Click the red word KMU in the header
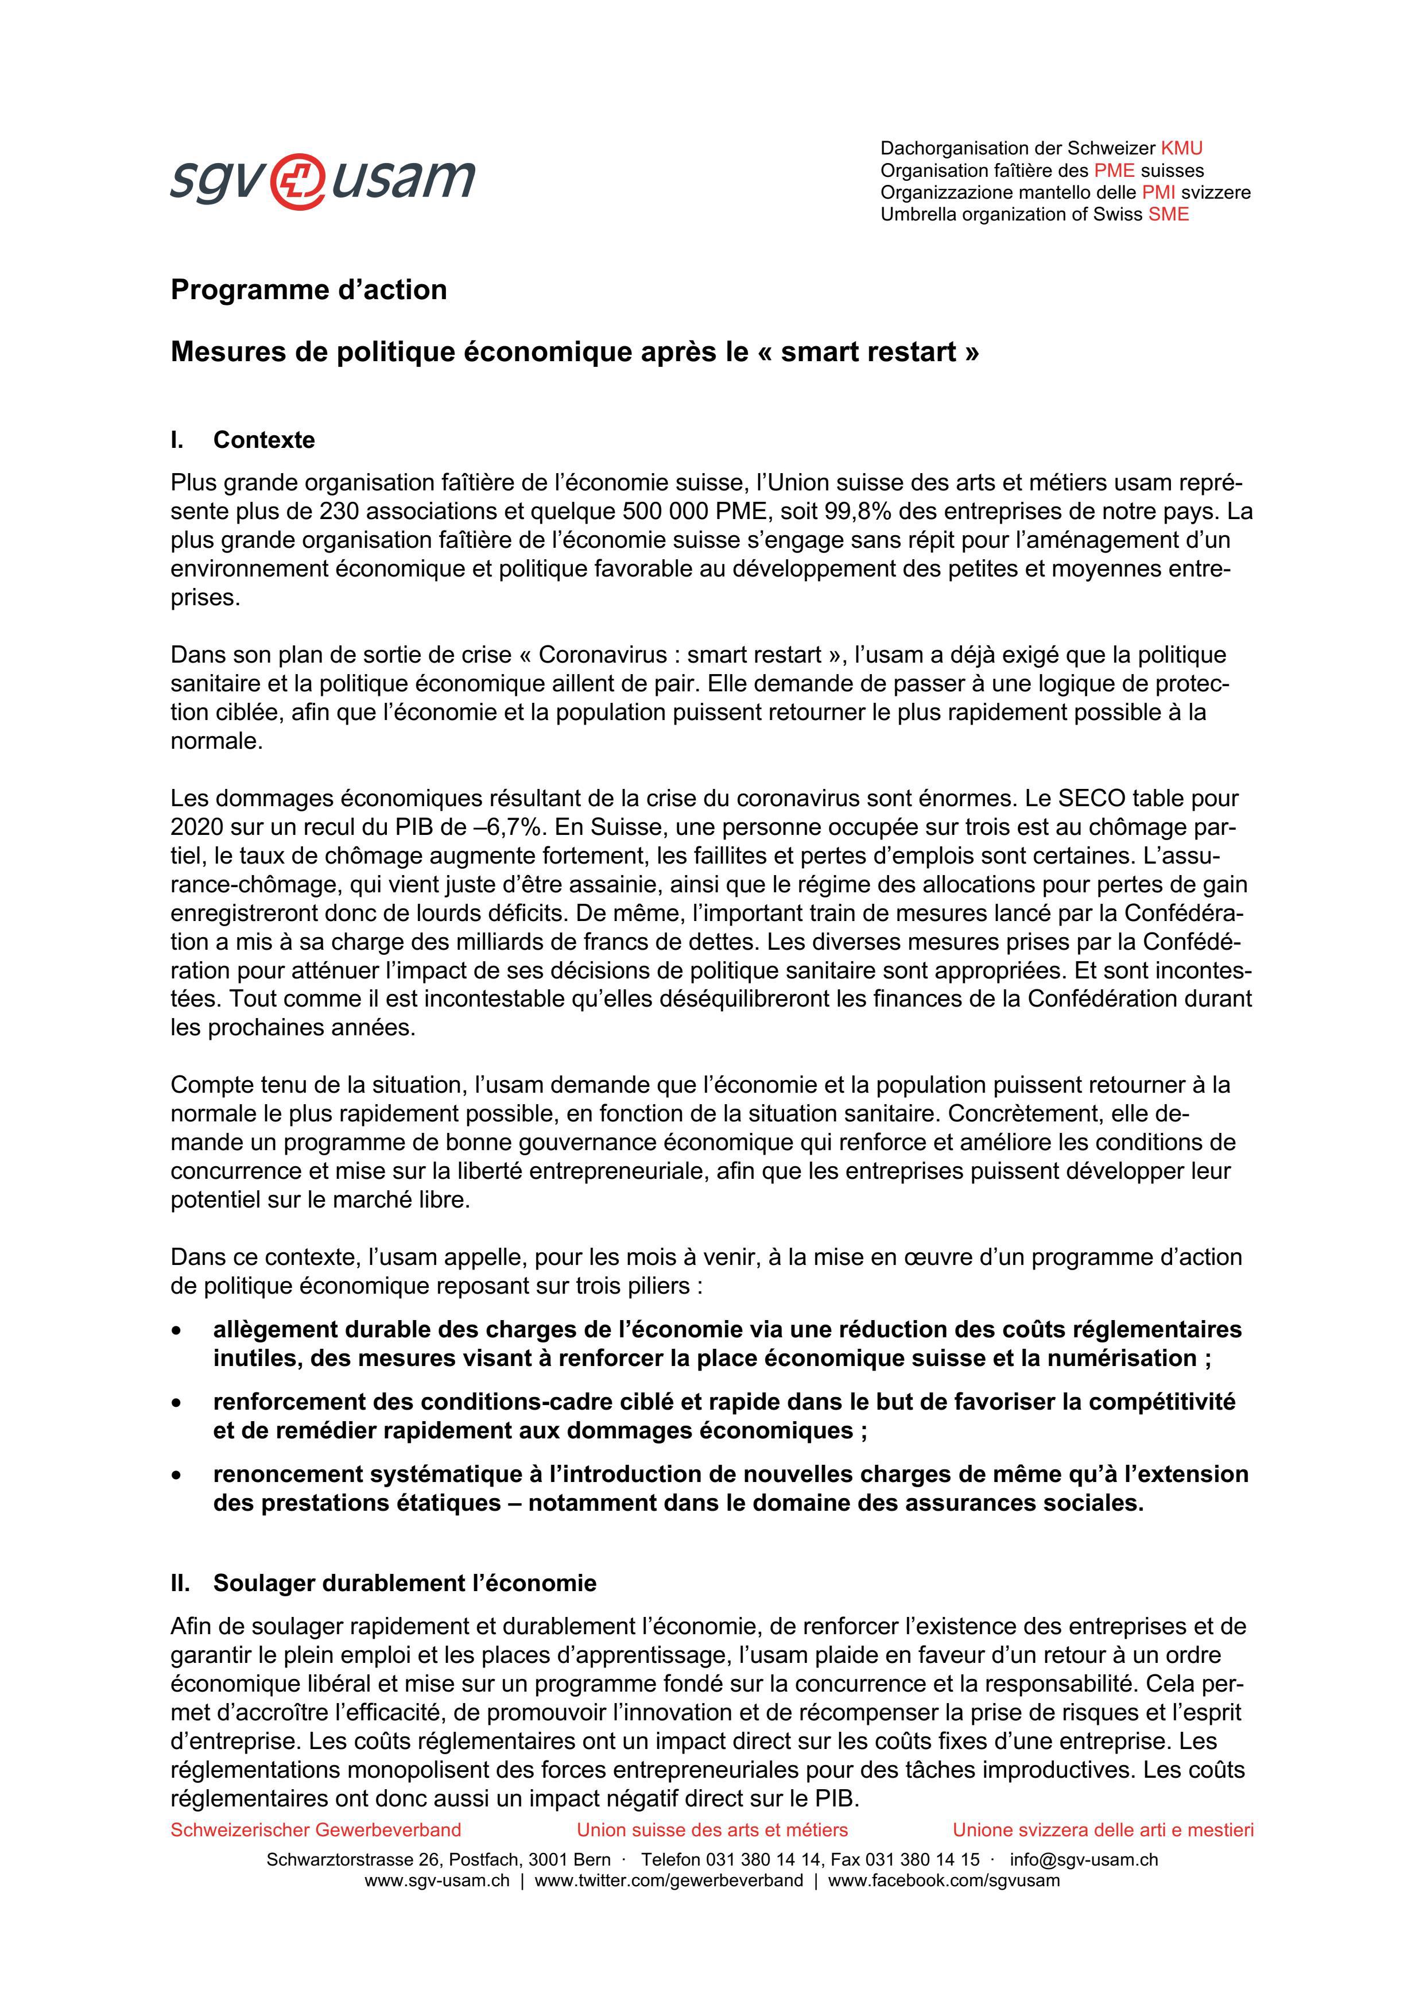tap(1181, 148)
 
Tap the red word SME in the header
tap(1168, 214)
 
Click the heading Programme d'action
tap(308, 289)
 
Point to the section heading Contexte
tap(263, 440)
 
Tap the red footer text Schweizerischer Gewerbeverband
tap(316, 1830)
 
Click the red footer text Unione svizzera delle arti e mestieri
tap(1102, 1830)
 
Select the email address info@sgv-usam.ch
tap(1083, 1859)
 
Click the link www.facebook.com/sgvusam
tap(944, 1881)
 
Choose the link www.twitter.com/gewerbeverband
tap(669, 1881)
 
